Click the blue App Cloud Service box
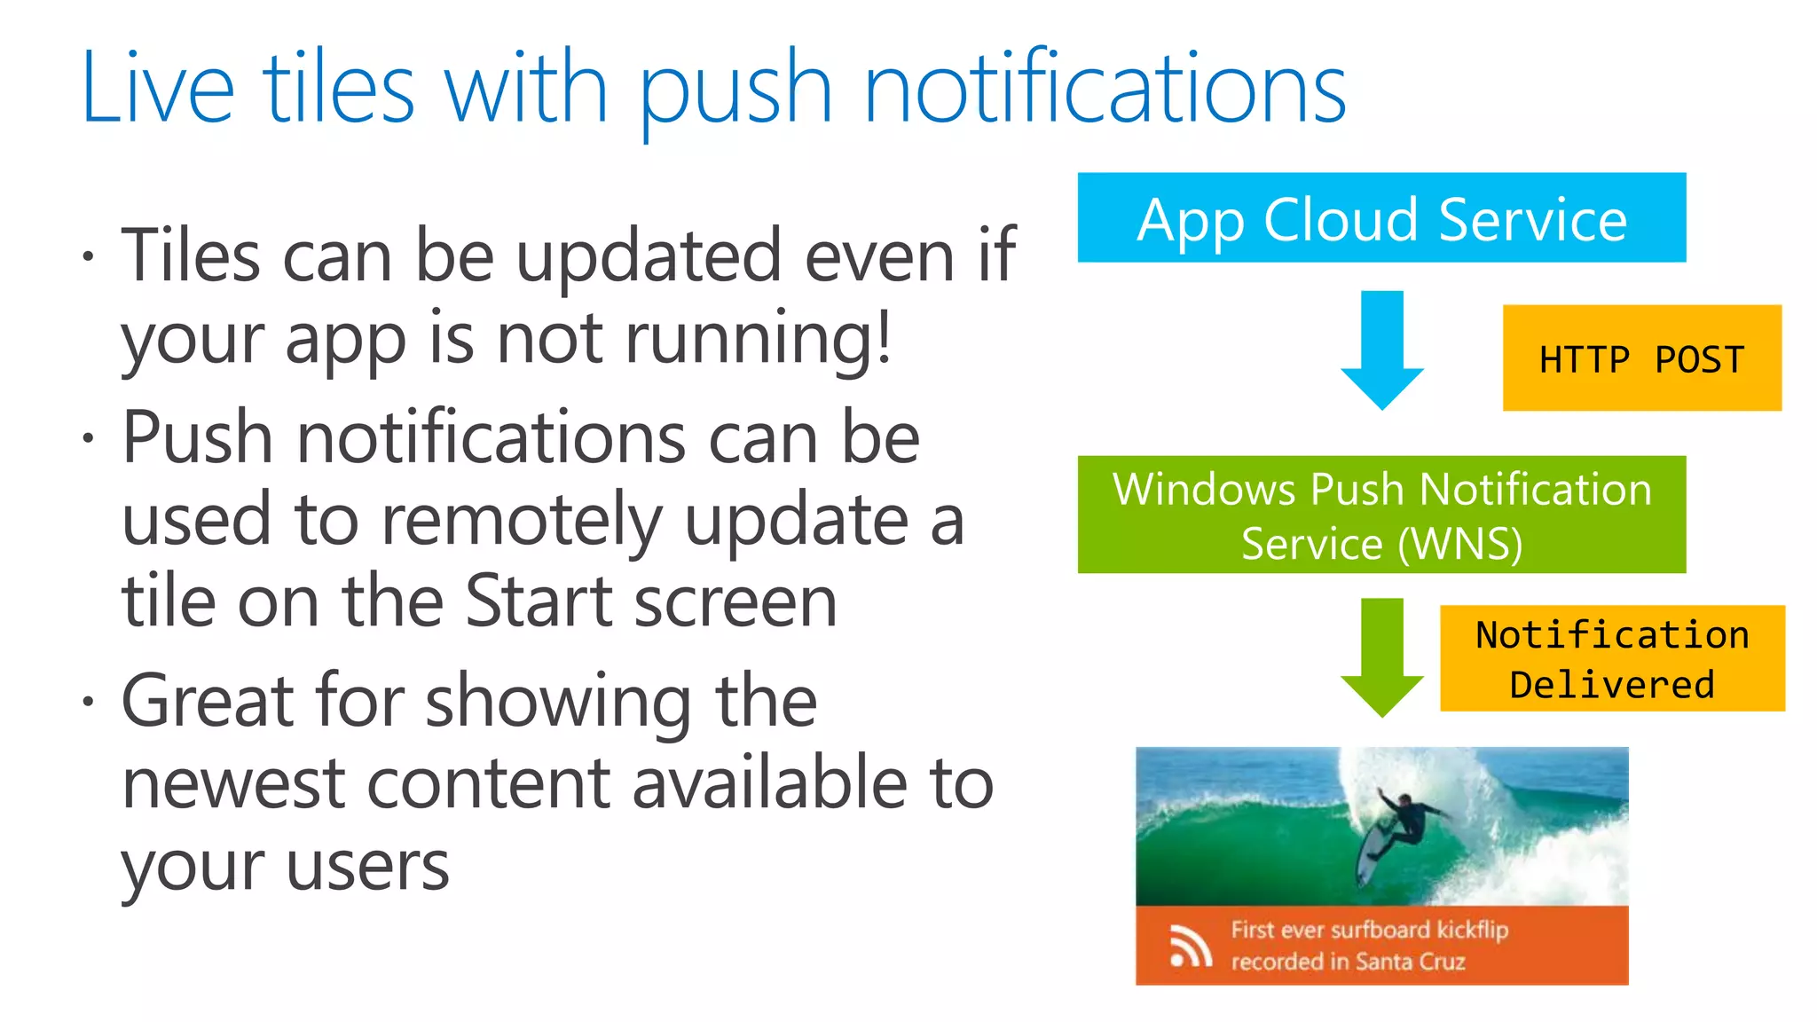point(1381,218)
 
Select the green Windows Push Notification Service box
point(1381,515)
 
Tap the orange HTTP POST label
point(1641,358)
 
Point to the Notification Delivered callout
point(1612,658)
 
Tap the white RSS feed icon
point(1190,947)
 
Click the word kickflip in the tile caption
point(1472,930)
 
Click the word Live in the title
point(158,89)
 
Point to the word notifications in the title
point(1105,89)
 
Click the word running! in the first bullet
point(759,339)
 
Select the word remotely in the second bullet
point(522,521)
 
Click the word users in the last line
point(367,867)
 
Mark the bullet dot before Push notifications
point(88,438)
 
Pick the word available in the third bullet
point(769,784)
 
